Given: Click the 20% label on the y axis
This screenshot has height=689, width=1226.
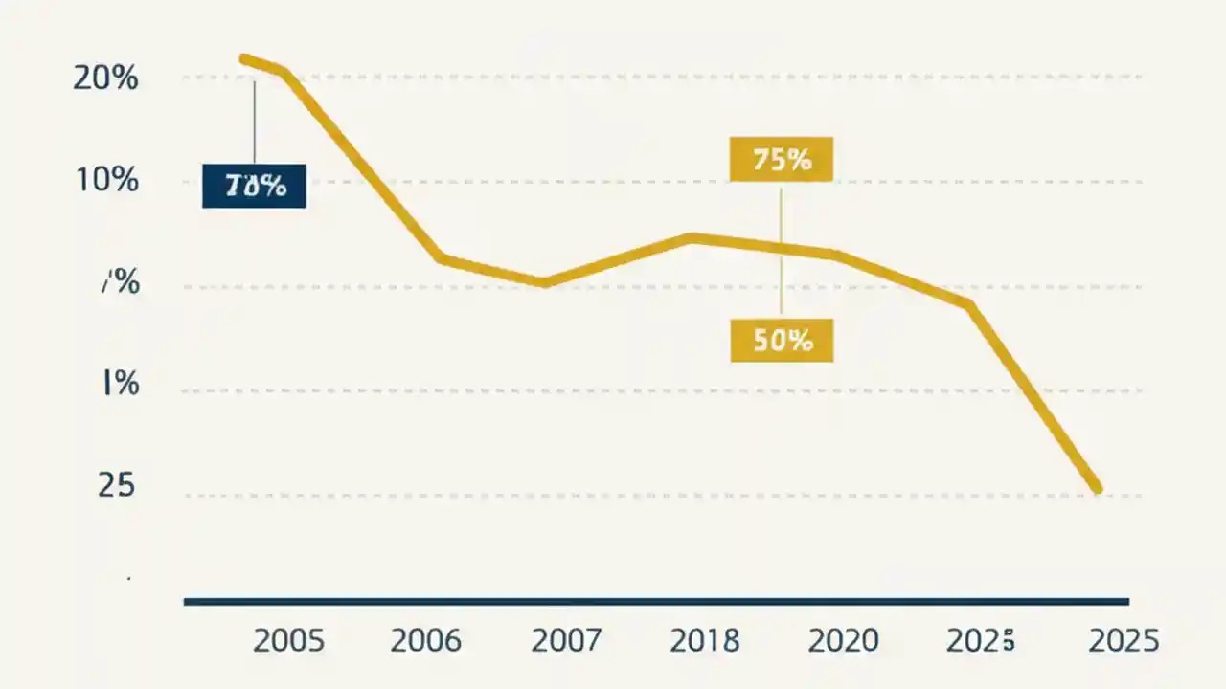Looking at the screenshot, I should click(x=105, y=78).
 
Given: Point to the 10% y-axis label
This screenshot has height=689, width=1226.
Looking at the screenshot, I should click(x=105, y=180).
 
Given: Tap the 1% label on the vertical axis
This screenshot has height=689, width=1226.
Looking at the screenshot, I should click(x=119, y=385).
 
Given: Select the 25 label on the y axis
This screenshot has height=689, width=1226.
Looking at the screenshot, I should click(x=116, y=486).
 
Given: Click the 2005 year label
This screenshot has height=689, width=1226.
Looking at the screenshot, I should click(x=288, y=640).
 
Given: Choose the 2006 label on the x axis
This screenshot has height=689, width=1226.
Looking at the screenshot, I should click(x=426, y=640).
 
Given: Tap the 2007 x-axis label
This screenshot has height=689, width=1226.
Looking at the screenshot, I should click(x=566, y=640).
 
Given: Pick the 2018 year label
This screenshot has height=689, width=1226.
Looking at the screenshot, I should click(x=705, y=640).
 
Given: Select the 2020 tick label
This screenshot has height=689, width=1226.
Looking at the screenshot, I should click(x=844, y=640).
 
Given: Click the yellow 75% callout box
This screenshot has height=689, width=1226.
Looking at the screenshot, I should click(x=781, y=160).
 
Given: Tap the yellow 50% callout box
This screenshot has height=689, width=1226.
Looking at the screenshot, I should click(x=782, y=340).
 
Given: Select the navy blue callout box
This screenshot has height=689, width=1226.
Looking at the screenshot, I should click(x=254, y=186).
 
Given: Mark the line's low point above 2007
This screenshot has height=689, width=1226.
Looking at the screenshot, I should click(x=544, y=282).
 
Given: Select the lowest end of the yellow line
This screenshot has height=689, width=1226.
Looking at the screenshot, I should click(x=1097, y=489).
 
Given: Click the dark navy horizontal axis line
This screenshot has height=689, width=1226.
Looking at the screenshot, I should click(x=656, y=602).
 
